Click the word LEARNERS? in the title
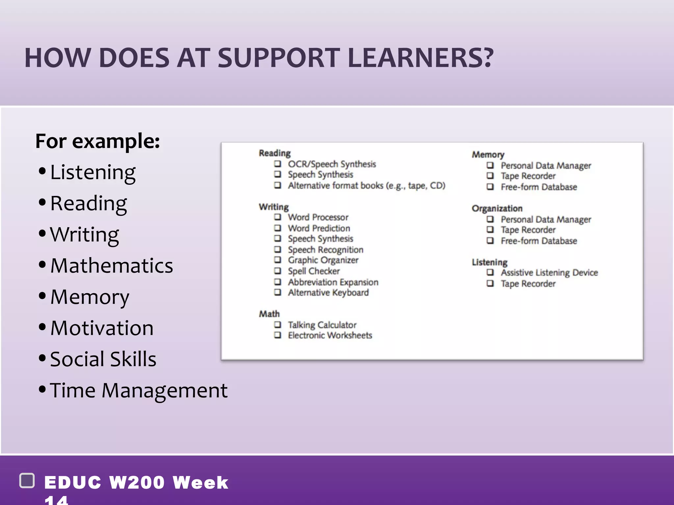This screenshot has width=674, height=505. click(x=420, y=58)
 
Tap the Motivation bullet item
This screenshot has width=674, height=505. click(x=102, y=328)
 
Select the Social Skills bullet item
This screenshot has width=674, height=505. click(x=103, y=359)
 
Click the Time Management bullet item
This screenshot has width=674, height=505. click(x=139, y=391)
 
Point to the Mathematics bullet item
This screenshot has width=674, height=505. click(x=112, y=266)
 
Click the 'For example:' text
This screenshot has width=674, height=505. click(x=97, y=141)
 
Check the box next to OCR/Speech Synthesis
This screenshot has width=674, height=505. click(x=278, y=164)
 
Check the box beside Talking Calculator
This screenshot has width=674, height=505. click(x=278, y=325)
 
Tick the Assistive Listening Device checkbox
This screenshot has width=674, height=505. click(x=490, y=272)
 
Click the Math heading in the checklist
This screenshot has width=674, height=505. click(x=269, y=314)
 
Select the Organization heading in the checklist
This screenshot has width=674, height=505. click(x=497, y=208)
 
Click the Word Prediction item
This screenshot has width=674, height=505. click(x=319, y=228)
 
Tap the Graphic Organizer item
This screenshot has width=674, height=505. click(x=323, y=260)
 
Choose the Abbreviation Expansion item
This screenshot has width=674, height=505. click(x=333, y=282)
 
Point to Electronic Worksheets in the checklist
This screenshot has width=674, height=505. click(x=330, y=335)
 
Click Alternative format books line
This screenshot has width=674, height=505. click(x=366, y=186)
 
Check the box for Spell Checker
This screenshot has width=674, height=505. click(x=278, y=271)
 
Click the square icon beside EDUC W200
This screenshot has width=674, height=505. click(x=27, y=481)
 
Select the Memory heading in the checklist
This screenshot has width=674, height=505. click(x=488, y=155)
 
